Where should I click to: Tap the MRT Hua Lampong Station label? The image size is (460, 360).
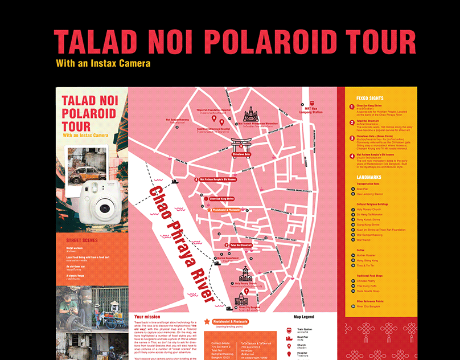point(313,111)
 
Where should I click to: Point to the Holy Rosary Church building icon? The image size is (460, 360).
point(245,273)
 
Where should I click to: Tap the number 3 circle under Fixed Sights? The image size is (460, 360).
point(351,137)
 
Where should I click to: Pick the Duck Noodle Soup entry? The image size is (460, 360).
point(371,291)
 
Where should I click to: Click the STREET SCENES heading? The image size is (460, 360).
point(82,240)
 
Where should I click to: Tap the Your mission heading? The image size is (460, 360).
point(147,316)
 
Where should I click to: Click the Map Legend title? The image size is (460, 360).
point(303,317)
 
